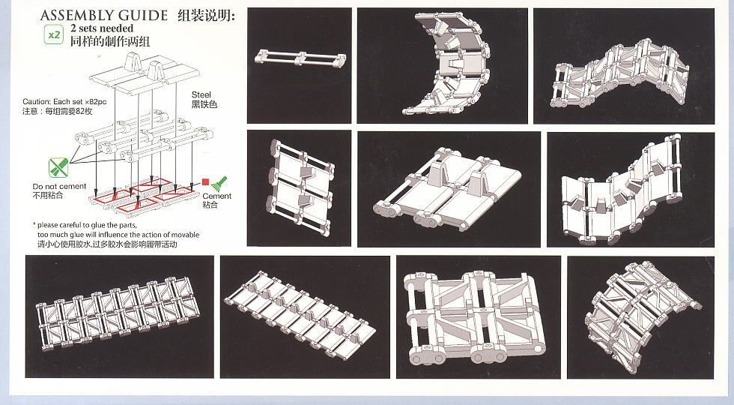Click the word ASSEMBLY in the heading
pos(77,15)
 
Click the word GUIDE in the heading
pos(143,15)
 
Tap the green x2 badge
pos(54,34)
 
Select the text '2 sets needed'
pos(102,28)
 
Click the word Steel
pos(201,94)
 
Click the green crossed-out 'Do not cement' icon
pos(58,167)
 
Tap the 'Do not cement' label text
pos(59,186)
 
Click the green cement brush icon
pos(219,183)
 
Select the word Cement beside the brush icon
pos(217,196)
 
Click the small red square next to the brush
pos(204,182)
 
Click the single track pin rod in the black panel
pos(300,58)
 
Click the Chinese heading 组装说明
pos(207,15)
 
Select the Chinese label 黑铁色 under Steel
pos(204,105)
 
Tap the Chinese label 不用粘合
pos(48,195)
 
